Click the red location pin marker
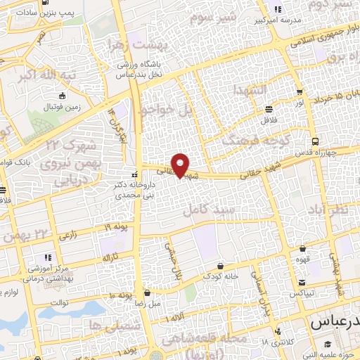point(181,165)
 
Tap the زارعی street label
point(68,236)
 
